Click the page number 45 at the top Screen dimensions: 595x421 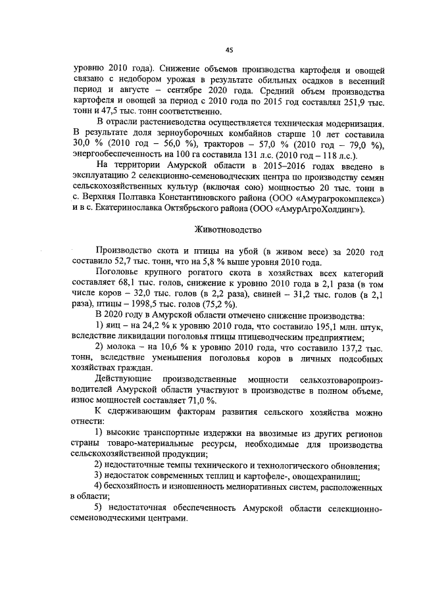[x=229, y=49]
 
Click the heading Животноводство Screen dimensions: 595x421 [x=228, y=230]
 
